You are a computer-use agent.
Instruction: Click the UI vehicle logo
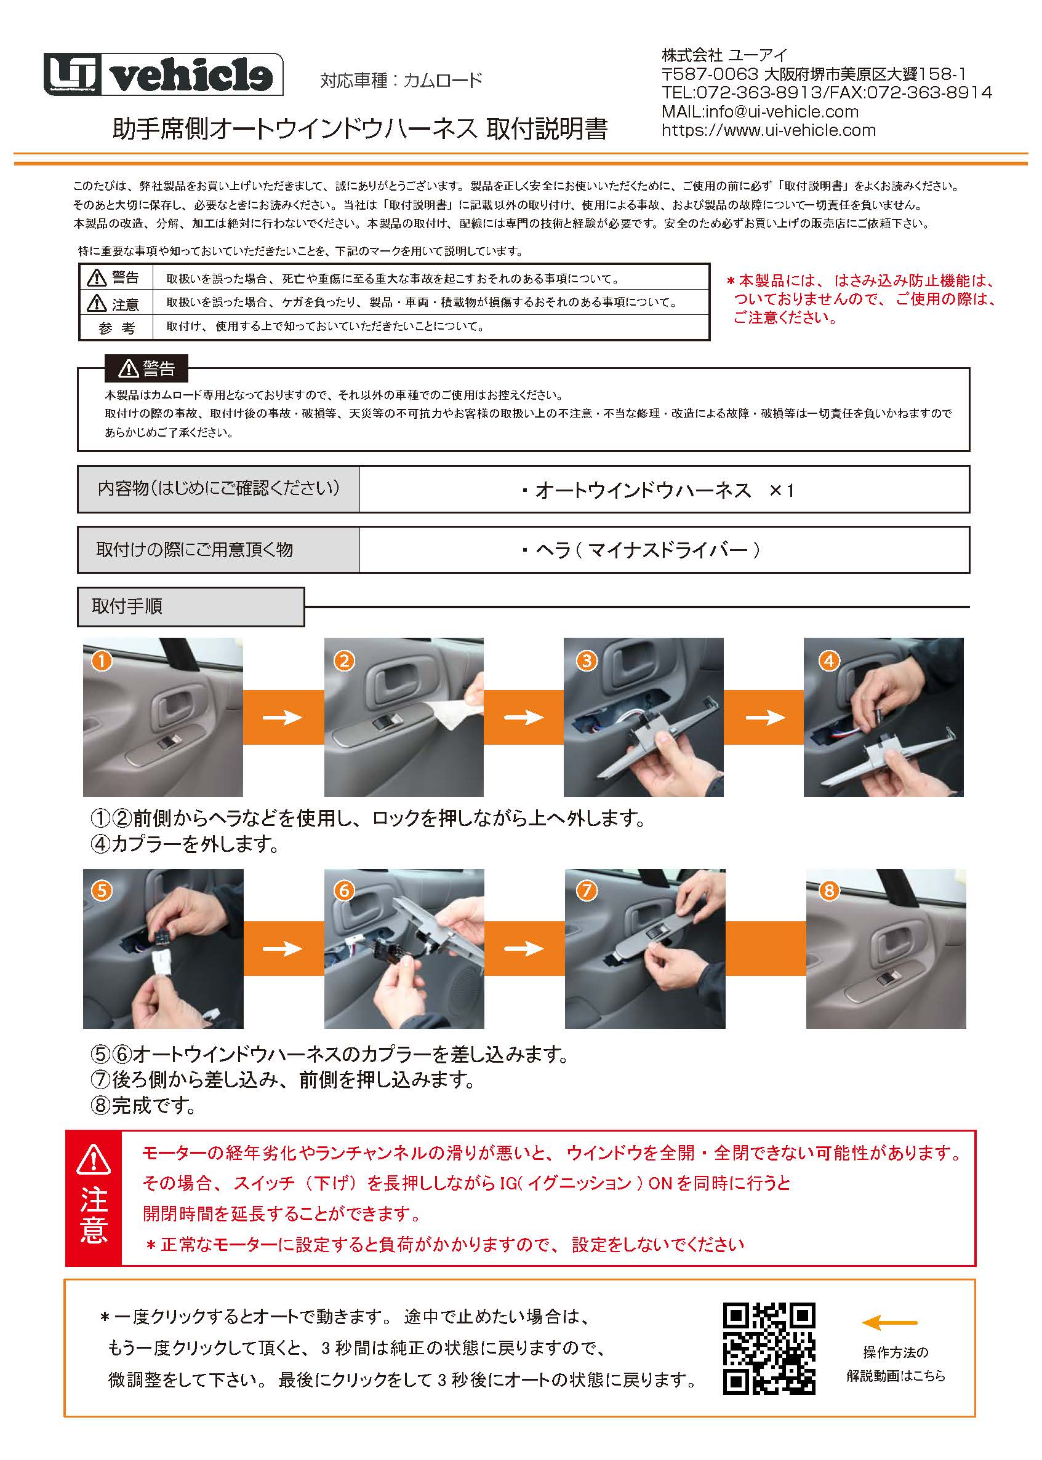163,75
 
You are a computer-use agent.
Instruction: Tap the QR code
769,1349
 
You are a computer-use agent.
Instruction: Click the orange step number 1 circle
102,661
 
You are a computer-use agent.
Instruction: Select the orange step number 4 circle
828,661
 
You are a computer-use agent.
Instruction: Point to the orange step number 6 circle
344,890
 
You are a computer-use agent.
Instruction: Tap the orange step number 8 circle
828,890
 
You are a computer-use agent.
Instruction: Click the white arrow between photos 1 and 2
283,717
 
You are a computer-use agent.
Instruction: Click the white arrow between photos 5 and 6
283,948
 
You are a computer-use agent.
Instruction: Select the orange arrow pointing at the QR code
889,1323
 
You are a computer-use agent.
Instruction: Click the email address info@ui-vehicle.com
782,111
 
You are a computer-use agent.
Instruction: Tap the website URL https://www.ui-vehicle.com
769,130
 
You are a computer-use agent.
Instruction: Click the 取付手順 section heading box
190,606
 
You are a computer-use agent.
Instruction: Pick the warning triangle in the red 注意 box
94,1159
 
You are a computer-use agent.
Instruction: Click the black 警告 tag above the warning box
146,368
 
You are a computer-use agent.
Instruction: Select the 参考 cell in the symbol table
116,328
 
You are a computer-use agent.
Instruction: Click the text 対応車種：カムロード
401,81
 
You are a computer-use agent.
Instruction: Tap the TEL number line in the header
827,93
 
